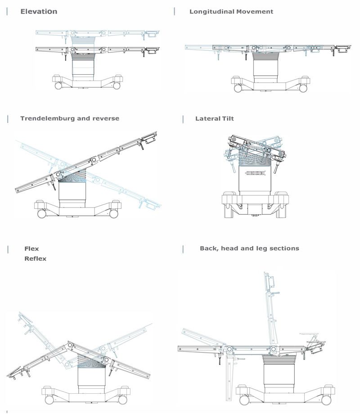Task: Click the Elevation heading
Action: coord(39,11)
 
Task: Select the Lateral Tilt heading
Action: coord(214,119)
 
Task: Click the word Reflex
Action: coord(35,259)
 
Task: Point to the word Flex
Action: coord(31,248)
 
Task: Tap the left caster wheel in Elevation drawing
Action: coord(58,85)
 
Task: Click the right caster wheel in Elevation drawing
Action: coord(117,85)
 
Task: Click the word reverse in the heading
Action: coord(107,118)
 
